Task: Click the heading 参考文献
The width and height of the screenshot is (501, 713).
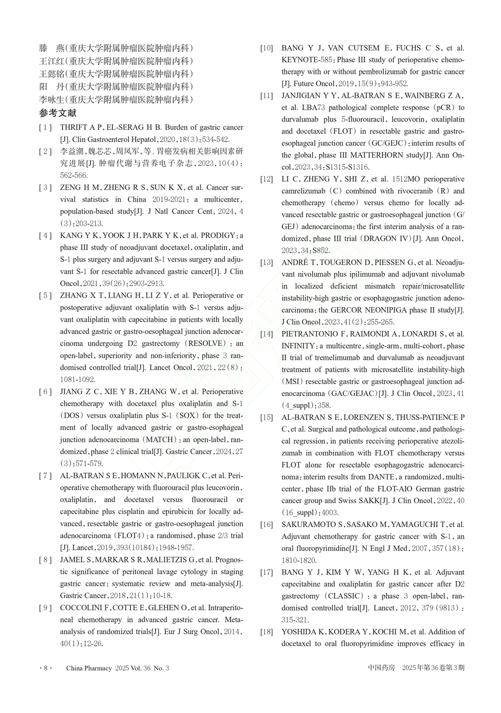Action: tap(58, 113)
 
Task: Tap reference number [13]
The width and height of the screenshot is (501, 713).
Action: tap(267, 262)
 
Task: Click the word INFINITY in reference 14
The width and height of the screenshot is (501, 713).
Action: tap(298, 346)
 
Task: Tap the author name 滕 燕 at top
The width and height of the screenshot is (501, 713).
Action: tap(51, 48)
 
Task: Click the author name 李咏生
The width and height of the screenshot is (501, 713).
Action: tap(51, 99)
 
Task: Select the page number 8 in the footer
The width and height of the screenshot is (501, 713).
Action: tap(46, 668)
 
